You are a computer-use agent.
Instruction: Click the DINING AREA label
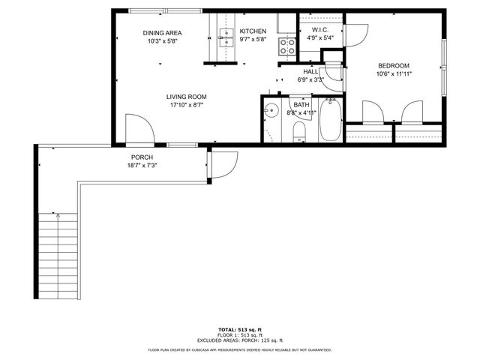[163, 32]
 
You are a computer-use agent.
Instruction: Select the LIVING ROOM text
[187, 97]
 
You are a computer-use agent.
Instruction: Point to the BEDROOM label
[393, 65]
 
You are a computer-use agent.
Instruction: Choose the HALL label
[310, 71]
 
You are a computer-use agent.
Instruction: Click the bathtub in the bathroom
[331, 121]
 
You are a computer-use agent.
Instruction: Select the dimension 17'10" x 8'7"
[187, 105]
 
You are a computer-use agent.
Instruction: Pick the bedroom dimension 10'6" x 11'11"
[393, 73]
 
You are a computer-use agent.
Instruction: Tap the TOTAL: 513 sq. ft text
[239, 329]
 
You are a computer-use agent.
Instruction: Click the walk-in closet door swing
[355, 33]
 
